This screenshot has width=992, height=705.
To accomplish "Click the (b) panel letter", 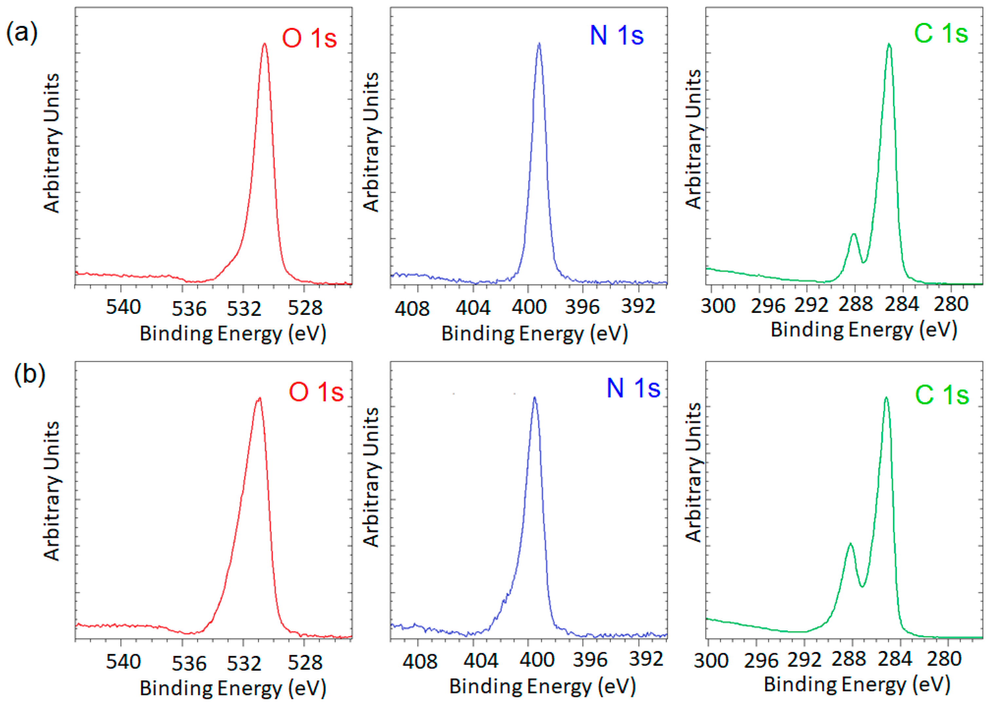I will pyautogui.click(x=29, y=374).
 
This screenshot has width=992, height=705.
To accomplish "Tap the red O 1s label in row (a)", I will pyautogui.click(x=309, y=38).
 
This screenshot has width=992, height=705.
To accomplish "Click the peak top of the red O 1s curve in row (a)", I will pyautogui.click(x=265, y=44).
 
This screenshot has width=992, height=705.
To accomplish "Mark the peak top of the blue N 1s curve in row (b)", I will pyautogui.click(x=534, y=397).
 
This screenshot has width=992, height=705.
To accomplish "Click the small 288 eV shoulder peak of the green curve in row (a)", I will pyautogui.click(x=854, y=234).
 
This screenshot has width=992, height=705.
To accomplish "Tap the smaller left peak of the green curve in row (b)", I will pyautogui.click(x=850, y=544).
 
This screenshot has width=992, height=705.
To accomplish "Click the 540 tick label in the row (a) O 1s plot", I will pyautogui.click(x=123, y=307).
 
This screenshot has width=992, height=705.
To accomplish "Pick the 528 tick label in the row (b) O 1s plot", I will pyautogui.click(x=305, y=662).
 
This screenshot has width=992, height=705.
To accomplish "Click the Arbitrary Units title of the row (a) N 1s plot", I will pyautogui.click(x=371, y=142).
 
